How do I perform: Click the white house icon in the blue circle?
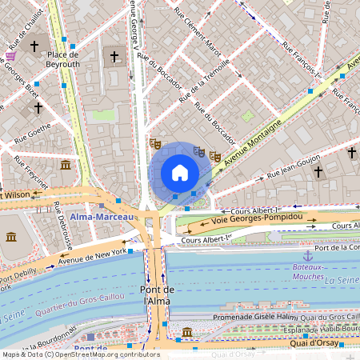(x=180, y=173)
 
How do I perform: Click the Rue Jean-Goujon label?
(x=294, y=168)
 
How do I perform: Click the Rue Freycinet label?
(x=30, y=171)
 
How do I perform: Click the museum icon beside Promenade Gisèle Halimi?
(x=186, y=332)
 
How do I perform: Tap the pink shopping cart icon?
(x=10, y=55)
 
